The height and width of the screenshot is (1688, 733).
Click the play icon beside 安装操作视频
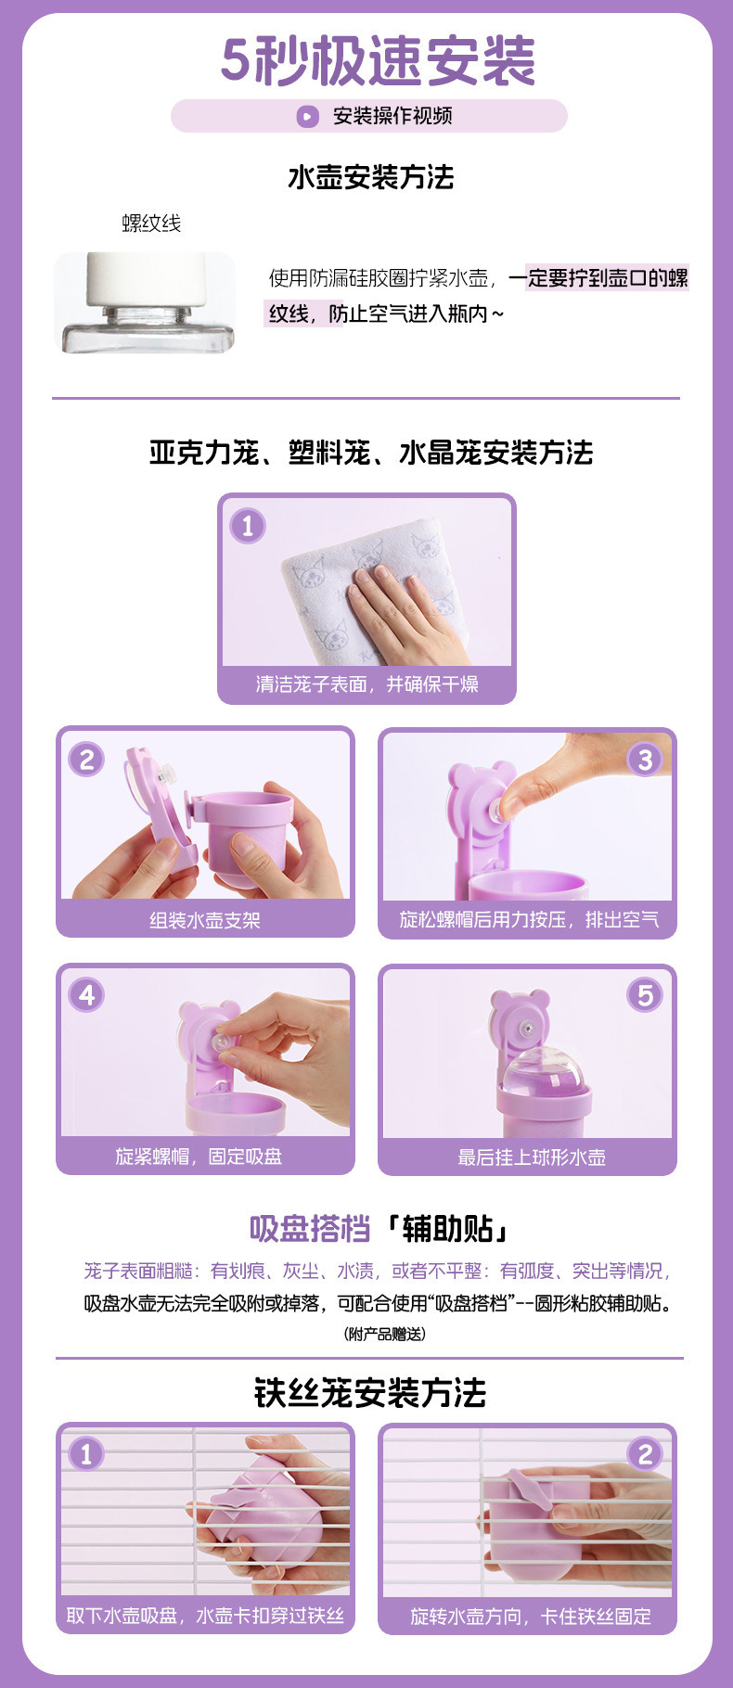[x=307, y=116]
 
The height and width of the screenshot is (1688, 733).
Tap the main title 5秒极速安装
[x=378, y=61]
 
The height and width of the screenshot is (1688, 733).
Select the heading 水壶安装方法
[x=371, y=177]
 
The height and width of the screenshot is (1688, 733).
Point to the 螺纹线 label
[x=151, y=223]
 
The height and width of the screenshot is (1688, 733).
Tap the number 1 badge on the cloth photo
[x=248, y=526]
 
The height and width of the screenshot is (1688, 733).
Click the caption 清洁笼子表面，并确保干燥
[x=367, y=684]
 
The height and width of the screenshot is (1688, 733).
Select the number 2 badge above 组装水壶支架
[x=86, y=760]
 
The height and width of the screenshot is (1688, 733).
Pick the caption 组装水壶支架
[x=205, y=920]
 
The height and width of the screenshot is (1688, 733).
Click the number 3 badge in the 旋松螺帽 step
[x=645, y=760]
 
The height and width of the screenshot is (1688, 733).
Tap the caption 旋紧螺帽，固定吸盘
[x=199, y=1157]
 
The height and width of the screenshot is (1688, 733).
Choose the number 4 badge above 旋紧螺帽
[x=86, y=995]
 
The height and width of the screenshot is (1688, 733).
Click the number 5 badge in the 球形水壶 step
[x=645, y=995]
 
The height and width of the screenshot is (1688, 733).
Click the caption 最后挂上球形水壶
[x=532, y=1157]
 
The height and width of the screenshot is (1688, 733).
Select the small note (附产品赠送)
[x=385, y=1334]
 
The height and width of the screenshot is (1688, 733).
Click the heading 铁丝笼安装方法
[x=370, y=1393]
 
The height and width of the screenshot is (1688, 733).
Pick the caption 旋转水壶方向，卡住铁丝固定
[x=531, y=1617]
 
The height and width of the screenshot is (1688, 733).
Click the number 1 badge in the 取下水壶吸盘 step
[x=86, y=1452]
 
